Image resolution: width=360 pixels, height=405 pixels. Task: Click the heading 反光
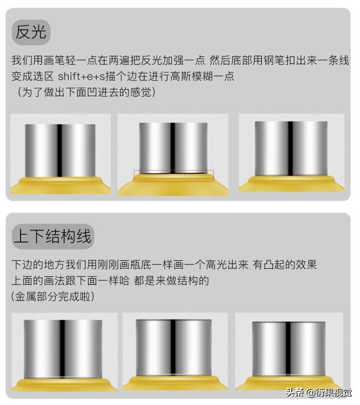31,32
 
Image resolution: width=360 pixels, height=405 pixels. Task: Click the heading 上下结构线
53,236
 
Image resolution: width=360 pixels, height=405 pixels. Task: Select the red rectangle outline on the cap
174,176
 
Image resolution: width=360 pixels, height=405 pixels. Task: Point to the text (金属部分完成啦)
53,296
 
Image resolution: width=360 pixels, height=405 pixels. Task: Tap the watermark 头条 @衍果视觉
318,393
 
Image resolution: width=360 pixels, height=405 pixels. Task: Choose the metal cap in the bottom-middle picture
173,346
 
